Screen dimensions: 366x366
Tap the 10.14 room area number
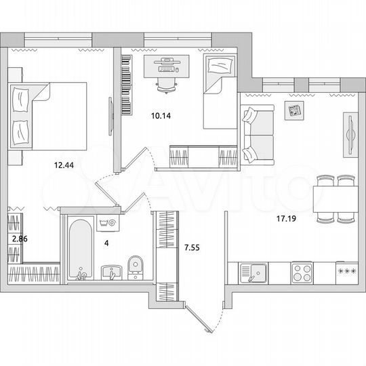[x=161, y=115]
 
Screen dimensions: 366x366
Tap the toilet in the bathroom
[x=134, y=267]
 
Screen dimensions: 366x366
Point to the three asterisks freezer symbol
[x=347, y=272]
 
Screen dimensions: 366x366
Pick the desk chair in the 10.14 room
[x=165, y=83]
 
